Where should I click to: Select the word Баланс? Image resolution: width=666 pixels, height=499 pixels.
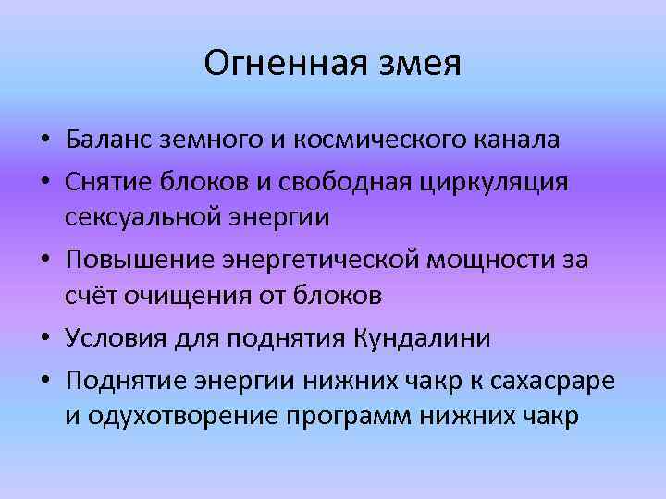[110, 140]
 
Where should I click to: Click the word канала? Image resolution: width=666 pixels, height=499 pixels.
[517, 140]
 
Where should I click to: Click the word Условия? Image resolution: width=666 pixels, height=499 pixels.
[117, 338]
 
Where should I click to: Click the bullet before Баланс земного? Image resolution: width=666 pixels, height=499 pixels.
[44, 141]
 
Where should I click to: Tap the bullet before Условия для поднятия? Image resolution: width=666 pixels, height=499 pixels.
[44, 339]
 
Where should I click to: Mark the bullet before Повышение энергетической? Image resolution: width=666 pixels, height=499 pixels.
[44, 261]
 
